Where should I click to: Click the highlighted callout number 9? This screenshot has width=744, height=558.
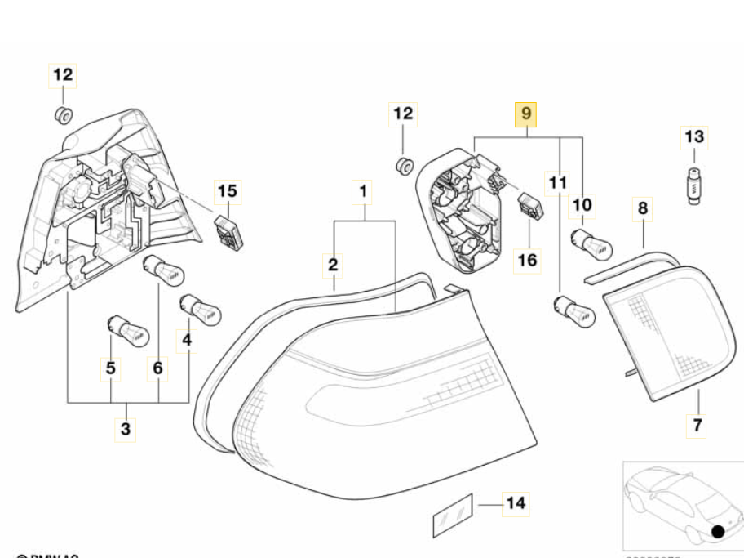(x=526, y=114)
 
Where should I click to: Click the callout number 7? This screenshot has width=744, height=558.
(x=698, y=425)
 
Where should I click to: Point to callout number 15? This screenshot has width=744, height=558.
(x=228, y=192)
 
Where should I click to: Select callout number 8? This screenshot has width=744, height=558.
(x=643, y=208)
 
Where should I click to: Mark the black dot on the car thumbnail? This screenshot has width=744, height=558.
(x=719, y=531)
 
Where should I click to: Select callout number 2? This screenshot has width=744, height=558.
(x=333, y=265)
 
